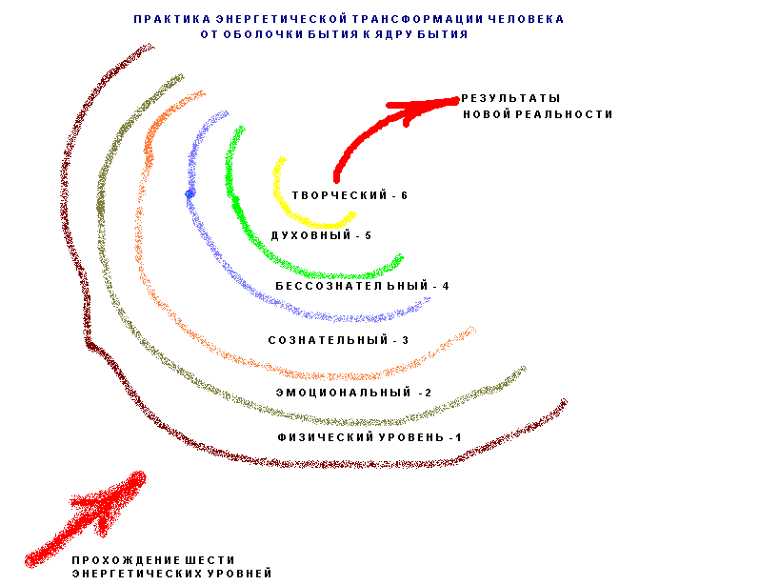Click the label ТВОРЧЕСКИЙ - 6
(350, 195)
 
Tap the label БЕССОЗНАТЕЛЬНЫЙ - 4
(362, 286)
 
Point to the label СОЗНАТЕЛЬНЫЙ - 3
(338, 340)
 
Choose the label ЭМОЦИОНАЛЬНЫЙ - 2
(353, 393)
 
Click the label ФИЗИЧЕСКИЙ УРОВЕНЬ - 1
(370, 437)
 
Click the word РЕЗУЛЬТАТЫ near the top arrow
(510, 98)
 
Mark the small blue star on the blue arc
(190, 193)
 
